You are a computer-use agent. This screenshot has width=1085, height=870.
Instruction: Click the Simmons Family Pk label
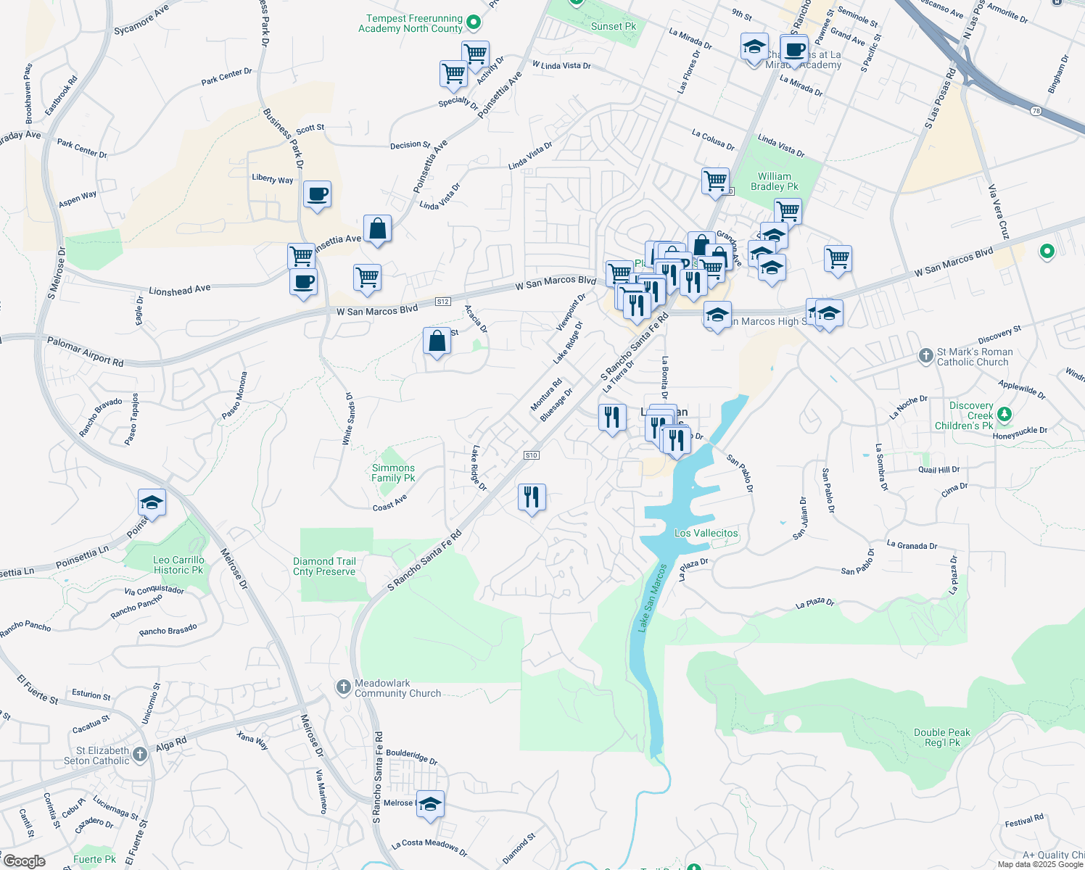pos(393,473)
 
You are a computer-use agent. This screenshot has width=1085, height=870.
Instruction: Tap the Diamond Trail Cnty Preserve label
pos(324,566)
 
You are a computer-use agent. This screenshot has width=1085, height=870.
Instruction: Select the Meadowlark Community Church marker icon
pos(344,687)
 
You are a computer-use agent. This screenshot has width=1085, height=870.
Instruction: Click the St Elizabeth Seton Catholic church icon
pos(140,755)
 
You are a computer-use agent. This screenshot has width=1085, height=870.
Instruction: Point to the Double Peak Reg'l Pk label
pos(941,737)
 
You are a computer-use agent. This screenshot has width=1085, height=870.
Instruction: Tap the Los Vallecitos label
pos(706,533)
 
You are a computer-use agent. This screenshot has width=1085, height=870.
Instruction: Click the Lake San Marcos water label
pos(652,598)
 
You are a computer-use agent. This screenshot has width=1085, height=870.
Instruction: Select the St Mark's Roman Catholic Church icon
pos(925,355)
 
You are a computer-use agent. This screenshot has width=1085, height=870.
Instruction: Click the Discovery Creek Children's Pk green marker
pos(1004,415)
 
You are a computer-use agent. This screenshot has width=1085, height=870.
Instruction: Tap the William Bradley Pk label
pos(774,181)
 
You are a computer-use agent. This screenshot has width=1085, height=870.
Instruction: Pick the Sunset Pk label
pos(613,26)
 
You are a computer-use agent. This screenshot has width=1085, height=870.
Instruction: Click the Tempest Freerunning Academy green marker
pos(474,22)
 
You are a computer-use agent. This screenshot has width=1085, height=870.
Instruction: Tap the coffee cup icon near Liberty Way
pos(317,194)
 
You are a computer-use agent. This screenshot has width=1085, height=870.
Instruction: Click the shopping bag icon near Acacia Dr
pos(437,341)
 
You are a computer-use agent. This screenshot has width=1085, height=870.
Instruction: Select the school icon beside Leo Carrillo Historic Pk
pos(152,502)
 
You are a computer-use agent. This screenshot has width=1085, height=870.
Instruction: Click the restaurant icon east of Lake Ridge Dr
pos(532,497)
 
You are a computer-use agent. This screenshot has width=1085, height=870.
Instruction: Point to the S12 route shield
pos(443,301)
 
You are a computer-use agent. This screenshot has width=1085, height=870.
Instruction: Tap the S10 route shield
pos(531,455)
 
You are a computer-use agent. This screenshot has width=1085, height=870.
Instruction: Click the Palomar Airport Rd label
pos(85,351)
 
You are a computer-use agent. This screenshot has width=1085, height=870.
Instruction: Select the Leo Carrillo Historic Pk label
pos(178,565)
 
